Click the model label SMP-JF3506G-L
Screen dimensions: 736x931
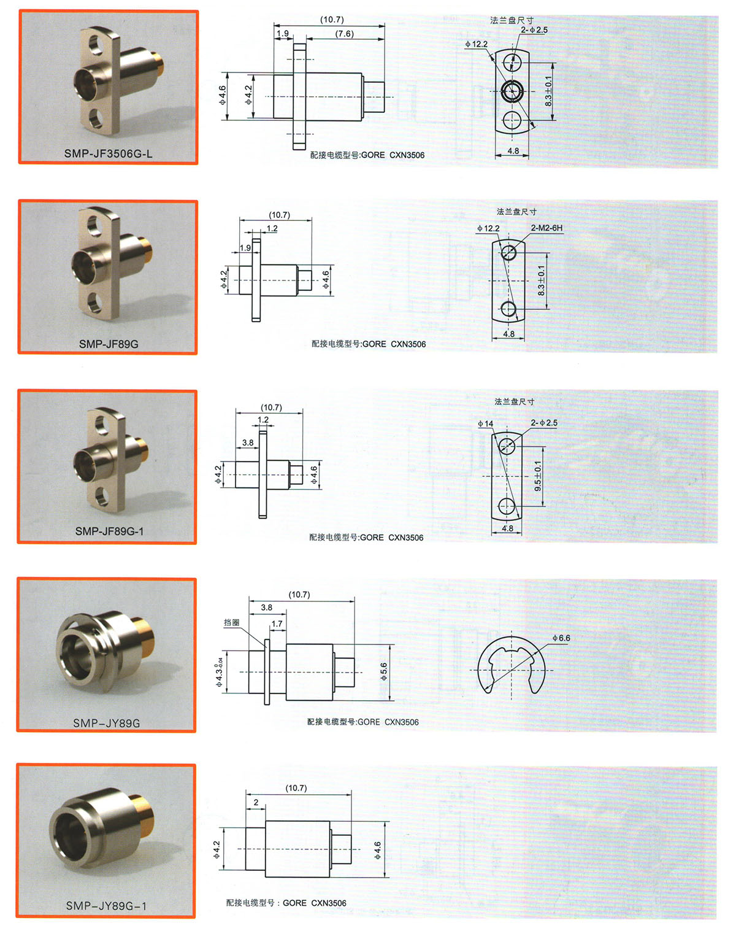(108, 153)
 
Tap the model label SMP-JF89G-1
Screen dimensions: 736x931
(109, 531)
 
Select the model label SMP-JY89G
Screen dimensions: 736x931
(106, 723)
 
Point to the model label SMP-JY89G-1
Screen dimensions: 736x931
(106, 905)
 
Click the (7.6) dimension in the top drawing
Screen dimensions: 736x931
(344, 33)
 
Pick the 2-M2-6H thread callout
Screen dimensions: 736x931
(546, 228)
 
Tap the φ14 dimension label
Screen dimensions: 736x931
(485, 423)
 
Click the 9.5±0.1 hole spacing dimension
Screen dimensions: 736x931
(537, 476)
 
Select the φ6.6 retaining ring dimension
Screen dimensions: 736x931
(561, 638)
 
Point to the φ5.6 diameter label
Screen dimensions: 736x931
(383, 671)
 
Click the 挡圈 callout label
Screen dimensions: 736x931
(231, 622)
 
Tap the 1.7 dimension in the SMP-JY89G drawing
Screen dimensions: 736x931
(277, 624)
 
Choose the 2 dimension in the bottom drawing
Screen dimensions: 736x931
(256, 802)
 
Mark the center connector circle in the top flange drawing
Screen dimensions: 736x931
(512, 91)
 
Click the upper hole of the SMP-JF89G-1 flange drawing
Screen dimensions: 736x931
(507, 446)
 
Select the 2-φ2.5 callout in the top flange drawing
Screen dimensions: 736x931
(534, 30)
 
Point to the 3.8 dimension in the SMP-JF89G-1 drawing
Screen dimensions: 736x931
(248, 442)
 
